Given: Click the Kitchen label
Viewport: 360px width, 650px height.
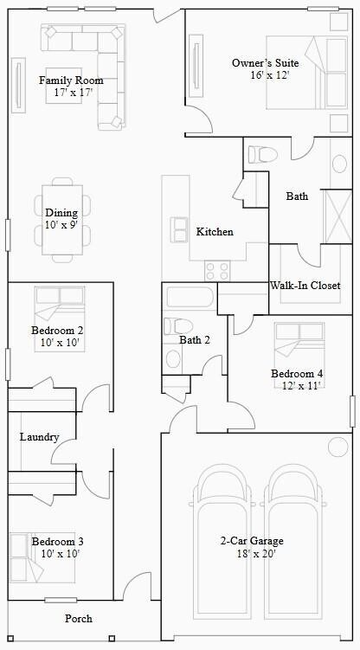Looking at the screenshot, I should click(x=215, y=232).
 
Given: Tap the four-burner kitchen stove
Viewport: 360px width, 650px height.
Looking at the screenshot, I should click(x=216, y=270).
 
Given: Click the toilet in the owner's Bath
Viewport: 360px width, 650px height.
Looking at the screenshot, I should click(x=261, y=154).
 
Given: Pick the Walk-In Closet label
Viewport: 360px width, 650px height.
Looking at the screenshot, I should click(x=305, y=285).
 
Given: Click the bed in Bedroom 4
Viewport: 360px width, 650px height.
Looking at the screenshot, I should click(x=299, y=344).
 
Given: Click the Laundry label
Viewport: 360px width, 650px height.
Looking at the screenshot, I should click(x=40, y=437).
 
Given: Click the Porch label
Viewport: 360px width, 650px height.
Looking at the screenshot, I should click(x=79, y=619).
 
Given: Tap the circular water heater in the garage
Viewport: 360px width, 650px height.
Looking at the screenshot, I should click(x=336, y=447).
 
